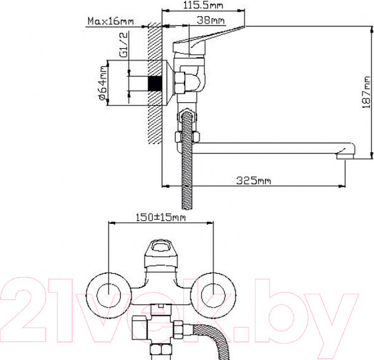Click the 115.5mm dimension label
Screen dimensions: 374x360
203,5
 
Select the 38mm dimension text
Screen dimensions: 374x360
211,21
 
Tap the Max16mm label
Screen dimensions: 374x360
111,21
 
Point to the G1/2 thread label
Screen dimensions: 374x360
124,45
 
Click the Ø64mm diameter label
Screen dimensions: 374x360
102,84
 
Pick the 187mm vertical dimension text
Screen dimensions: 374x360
366,92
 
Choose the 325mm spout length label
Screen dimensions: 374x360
254,181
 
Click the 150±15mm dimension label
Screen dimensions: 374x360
161,218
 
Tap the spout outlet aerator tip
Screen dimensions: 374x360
345,157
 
